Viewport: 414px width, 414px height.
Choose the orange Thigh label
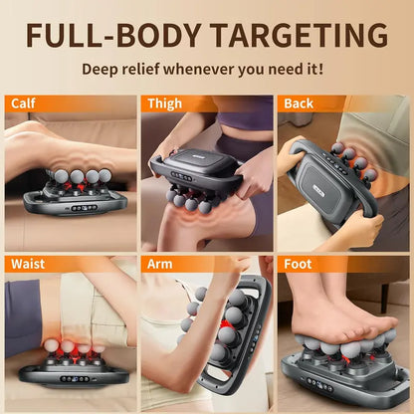point(164,103)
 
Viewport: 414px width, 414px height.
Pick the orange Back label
point(298,103)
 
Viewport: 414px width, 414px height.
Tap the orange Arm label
point(160,265)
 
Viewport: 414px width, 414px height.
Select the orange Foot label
point(298,265)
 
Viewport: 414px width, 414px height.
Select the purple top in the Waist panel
point(22,318)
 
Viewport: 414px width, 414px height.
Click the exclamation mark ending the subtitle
point(320,72)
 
